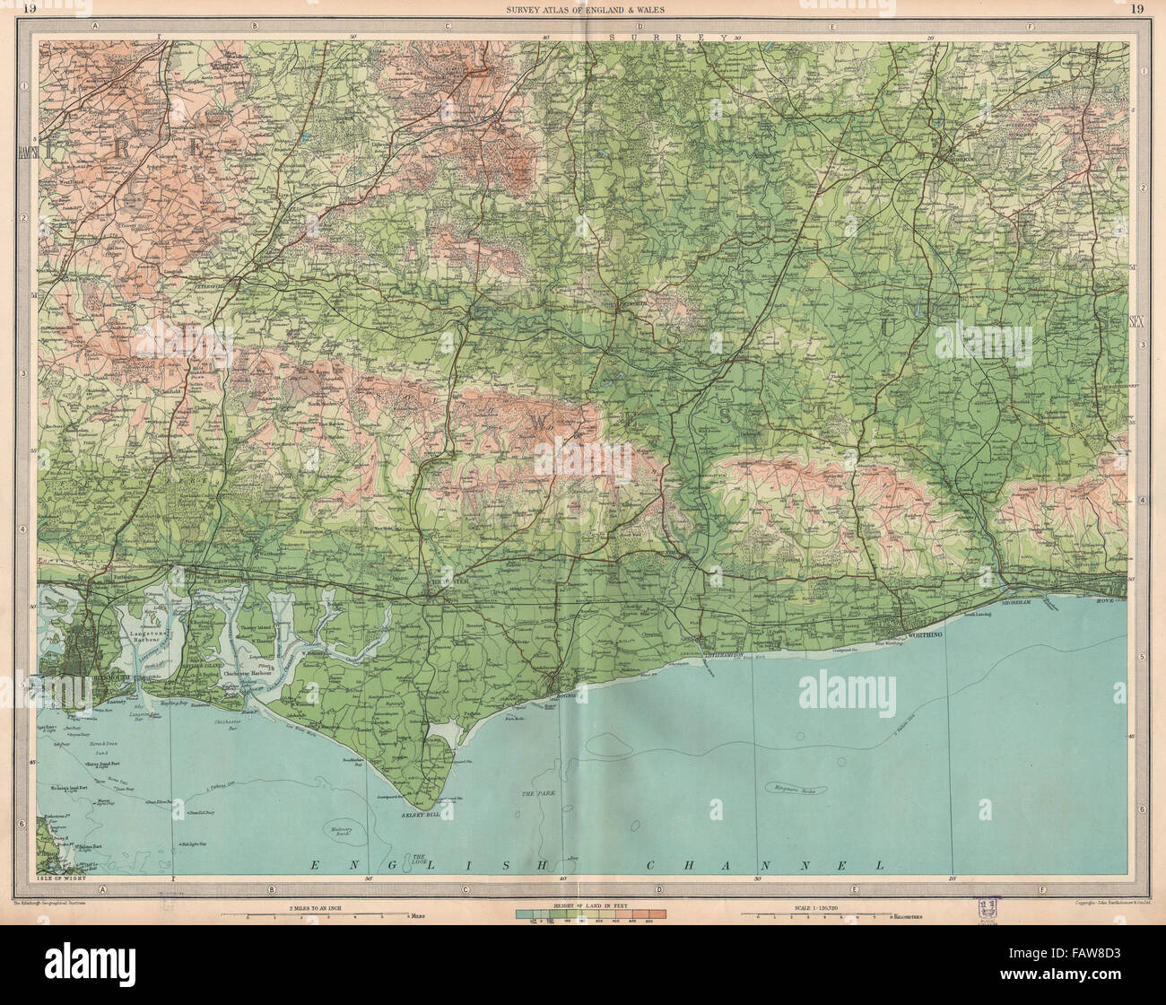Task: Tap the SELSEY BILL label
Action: pos(419,814)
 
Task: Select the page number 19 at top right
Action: pos(1137,9)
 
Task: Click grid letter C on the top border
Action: pos(446,26)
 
